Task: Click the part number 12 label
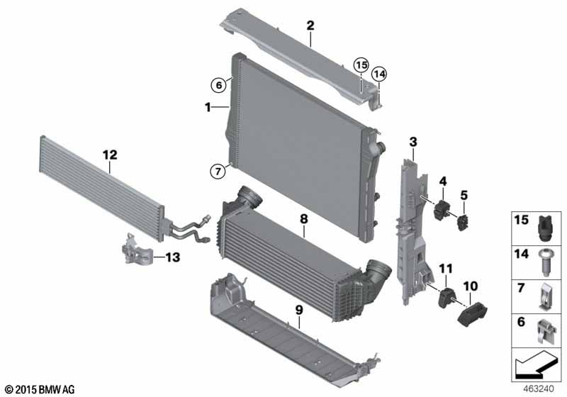pyautogui.click(x=109, y=154)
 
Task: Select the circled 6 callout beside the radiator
pyautogui.click(x=219, y=84)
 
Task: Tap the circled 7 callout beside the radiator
pyautogui.click(x=219, y=169)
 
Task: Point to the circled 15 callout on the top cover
pyautogui.click(x=362, y=65)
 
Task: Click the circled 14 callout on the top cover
pyautogui.click(x=379, y=74)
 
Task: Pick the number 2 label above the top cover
pyautogui.click(x=310, y=26)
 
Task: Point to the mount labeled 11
pyautogui.click(x=445, y=297)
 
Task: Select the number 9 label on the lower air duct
pyautogui.click(x=300, y=309)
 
